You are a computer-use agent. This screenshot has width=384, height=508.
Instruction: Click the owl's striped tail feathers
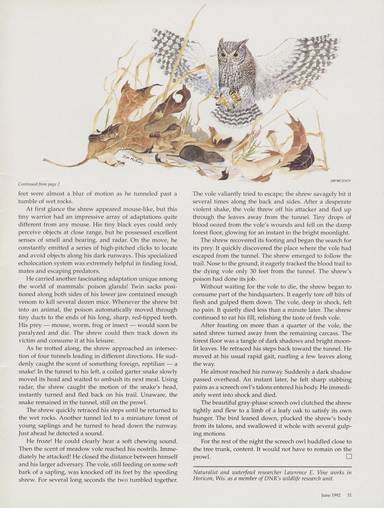coord(232,115)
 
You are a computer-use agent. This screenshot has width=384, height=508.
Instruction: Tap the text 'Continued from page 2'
coord(39,184)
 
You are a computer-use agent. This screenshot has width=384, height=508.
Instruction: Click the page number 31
coord(349,495)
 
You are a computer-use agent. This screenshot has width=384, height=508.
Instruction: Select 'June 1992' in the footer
coord(331,495)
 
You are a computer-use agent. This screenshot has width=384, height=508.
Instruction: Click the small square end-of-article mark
coord(349,457)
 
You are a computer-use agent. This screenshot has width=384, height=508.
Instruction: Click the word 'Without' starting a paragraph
coord(212,287)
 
